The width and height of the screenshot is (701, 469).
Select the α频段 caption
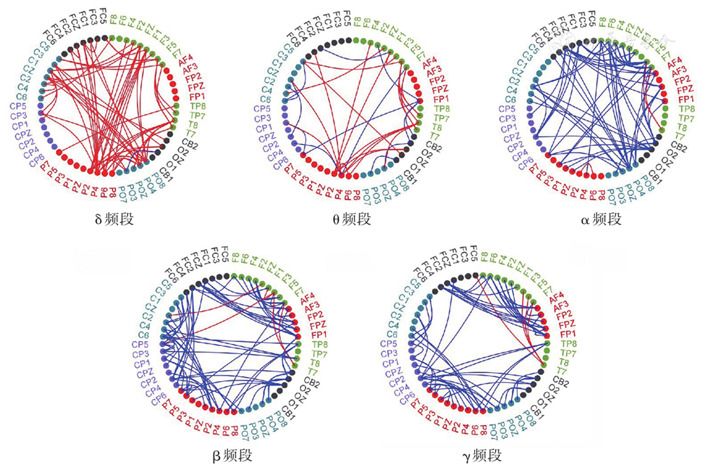tap(601, 219)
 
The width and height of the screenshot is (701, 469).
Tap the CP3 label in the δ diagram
tap(19, 117)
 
